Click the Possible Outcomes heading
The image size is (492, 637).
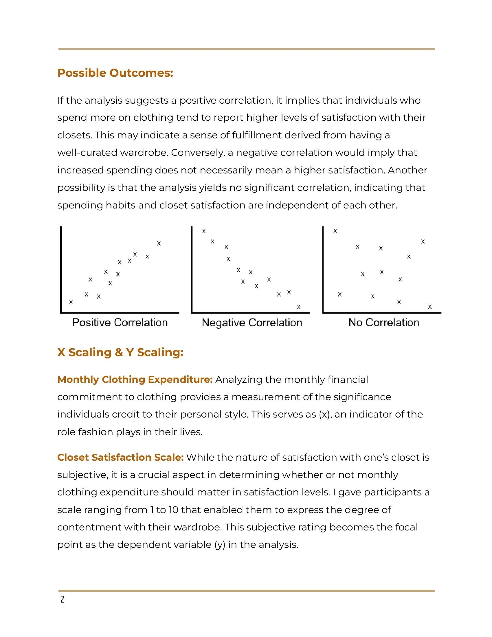[115, 73]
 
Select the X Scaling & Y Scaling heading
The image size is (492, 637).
[120, 352]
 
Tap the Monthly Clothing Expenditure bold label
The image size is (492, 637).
[135, 380]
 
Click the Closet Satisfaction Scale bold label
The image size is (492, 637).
[120, 457]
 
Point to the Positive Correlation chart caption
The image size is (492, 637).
[120, 323]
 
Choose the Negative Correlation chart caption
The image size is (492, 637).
[252, 323]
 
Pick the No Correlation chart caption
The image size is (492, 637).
[383, 323]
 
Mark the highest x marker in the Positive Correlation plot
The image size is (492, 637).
[159, 243]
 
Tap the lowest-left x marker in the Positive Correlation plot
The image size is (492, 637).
[71, 302]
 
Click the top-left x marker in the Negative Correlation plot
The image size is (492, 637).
[204, 231]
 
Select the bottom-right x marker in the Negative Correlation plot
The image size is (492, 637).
[298, 307]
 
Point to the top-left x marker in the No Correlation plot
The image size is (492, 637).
[335, 231]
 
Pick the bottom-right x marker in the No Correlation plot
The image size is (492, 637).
[429, 307]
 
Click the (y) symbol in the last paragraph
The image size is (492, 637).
[220, 545]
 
